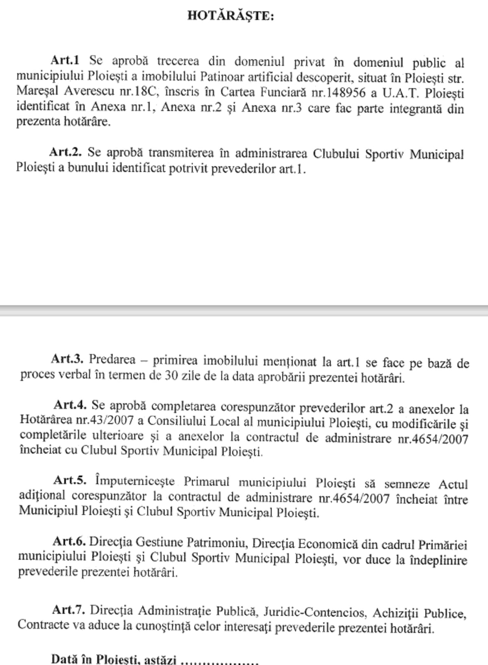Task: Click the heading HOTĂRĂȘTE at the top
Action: tap(231, 16)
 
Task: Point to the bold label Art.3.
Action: tap(67, 359)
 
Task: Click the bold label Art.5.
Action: tap(70, 480)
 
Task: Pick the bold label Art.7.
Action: tap(68, 610)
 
